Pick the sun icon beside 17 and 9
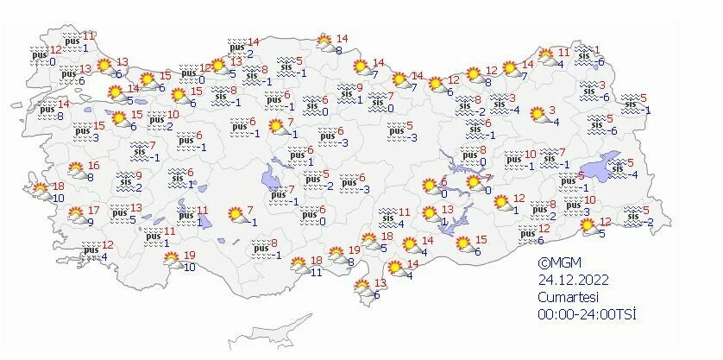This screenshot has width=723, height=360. click(76, 213)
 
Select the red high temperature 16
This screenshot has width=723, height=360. click(94, 165)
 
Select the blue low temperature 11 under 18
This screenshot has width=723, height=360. click(316, 273)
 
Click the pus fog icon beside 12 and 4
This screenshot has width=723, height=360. click(91, 250)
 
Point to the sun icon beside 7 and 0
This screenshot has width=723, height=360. click(475, 184)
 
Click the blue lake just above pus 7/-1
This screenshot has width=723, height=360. click(273, 177)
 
